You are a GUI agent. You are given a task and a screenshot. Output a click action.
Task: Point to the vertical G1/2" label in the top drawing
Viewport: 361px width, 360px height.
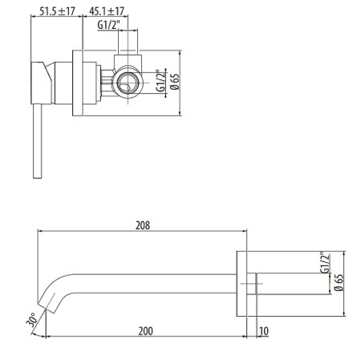pos(160,80)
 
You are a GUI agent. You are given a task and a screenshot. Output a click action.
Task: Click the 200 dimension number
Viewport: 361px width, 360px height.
pos(145,329)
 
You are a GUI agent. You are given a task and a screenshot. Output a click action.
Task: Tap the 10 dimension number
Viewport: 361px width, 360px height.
pos(264,329)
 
